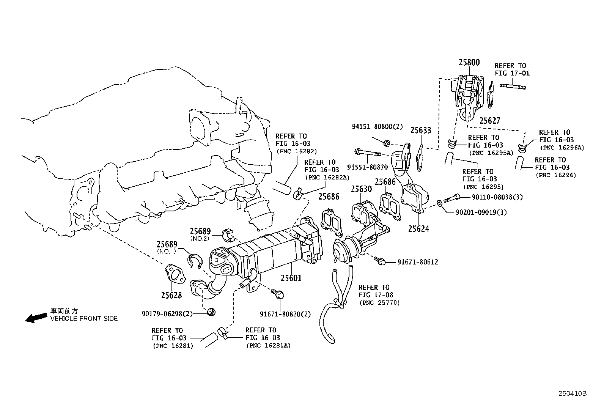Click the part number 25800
469,63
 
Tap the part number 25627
489,121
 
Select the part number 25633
421,131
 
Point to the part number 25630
361,189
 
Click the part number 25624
418,228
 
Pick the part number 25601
291,278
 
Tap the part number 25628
171,295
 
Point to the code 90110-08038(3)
497,197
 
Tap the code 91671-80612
418,262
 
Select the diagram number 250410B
572,393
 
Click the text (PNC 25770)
379,302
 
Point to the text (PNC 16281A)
268,346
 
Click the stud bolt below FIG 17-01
513,87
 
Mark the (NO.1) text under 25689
166,251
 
